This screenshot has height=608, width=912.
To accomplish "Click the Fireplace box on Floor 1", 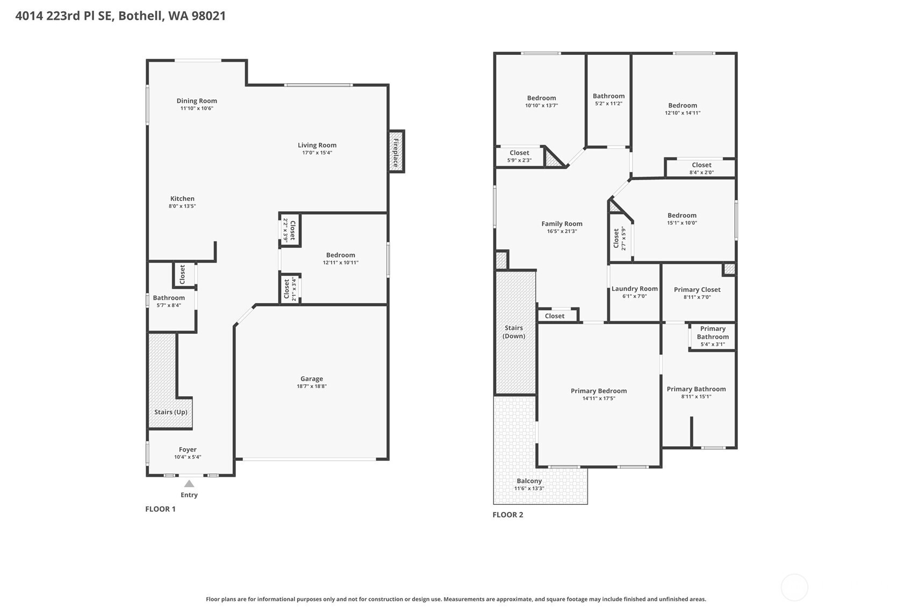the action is tap(396, 152).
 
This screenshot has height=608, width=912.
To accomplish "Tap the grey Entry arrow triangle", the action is tap(189, 483).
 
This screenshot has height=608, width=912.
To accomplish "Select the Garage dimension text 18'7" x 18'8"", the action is tap(312, 386).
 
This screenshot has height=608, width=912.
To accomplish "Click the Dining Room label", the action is tap(197, 101).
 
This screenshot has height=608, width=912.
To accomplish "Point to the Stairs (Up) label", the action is tap(170, 412).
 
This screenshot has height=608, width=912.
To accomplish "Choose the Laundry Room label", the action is tap(634, 289).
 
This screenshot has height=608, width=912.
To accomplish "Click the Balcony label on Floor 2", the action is tap(529, 481).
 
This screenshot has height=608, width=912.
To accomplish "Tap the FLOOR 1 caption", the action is tap(160, 509).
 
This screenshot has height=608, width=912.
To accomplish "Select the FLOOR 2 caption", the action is tap(508, 515).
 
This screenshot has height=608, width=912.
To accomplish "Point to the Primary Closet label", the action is tap(697, 290).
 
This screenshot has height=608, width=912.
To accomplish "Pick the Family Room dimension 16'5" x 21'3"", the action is tap(562, 231).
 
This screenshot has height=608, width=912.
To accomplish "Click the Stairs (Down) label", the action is tap(514, 332).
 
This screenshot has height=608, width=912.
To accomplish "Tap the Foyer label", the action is tap(188, 449).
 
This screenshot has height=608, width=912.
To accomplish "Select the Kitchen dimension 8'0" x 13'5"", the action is tap(182, 206).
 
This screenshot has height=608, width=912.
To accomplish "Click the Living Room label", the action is tap(317, 145).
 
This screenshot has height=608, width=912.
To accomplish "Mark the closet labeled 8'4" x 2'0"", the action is tap(701, 168).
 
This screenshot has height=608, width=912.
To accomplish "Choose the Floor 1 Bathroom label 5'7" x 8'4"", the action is tap(169, 302).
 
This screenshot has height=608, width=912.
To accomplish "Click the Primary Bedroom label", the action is tap(599, 391).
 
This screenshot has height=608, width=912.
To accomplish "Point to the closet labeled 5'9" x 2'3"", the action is tap(519, 156).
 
